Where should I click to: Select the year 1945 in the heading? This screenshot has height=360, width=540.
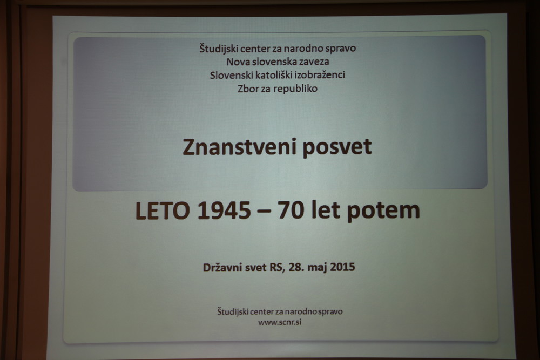point(224,210)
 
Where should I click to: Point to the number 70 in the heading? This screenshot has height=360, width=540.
point(291,210)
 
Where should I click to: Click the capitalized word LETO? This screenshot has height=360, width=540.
point(163,210)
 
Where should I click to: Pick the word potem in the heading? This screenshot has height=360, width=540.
point(383,211)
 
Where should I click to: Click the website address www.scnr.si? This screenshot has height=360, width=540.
point(280,322)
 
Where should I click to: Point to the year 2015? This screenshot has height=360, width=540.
point(342,267)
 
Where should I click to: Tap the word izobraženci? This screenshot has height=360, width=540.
point(320,75)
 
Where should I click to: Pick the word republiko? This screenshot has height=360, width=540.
point(296,89)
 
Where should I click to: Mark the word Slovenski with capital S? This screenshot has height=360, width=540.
point(232,75)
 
